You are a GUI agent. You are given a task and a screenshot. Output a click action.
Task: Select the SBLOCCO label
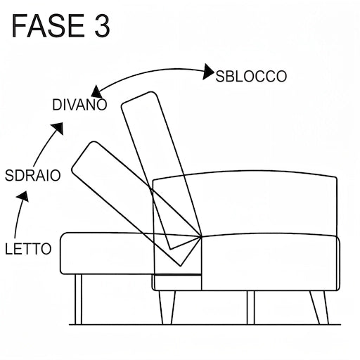tap(251, 76)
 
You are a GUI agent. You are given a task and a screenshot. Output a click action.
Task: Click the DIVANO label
tap(79, 105)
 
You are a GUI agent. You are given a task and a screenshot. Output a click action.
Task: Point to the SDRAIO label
tap(33, 175)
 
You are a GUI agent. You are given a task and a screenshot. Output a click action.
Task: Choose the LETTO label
tap(28, 249)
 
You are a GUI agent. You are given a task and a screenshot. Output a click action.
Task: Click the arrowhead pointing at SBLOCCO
tap(208, 72)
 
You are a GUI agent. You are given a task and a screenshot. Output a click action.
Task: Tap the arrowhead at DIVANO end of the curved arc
tap(96, 92)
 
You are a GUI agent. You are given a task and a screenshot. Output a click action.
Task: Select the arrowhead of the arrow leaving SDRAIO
tap(58, 128)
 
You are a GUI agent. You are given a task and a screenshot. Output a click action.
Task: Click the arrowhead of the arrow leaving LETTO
tap(23, 196)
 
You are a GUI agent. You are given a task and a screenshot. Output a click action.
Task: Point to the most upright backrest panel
tap(162, 170)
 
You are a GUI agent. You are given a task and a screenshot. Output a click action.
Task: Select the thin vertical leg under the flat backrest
tap(78, 300)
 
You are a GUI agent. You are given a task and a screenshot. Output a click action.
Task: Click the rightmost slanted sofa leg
tap(319, 308)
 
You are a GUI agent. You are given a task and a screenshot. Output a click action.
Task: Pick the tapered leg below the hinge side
tap(167, 308)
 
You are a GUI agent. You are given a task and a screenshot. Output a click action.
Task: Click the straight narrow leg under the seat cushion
tap(251, 308)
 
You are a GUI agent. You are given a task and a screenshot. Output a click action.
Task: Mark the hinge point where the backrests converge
tap(201, 237)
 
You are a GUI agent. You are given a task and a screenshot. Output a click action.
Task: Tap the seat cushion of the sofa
tap(269, 262)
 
